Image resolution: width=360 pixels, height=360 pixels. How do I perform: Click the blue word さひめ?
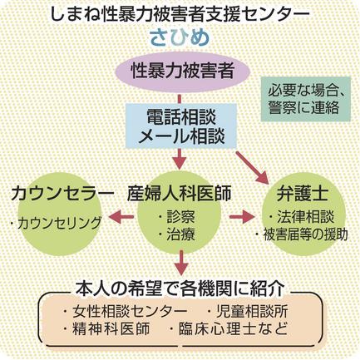pos(180,38)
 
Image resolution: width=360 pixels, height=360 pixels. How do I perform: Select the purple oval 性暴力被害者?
pos(182,72)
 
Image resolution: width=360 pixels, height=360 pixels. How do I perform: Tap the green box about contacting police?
pos(306,99)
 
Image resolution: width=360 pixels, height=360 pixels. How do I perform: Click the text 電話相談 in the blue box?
pos(181,117)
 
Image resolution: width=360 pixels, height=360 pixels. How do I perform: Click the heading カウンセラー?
pos(62,193)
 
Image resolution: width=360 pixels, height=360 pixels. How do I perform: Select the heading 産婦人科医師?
pos(179,193)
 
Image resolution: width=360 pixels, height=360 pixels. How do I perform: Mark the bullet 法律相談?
pos(301,217)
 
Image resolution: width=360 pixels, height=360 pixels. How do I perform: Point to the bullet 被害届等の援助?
pos(302,235)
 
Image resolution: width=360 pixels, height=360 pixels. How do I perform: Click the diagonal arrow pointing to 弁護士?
pos(253,168)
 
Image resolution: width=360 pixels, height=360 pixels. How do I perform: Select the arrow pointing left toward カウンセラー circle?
pos(121,216)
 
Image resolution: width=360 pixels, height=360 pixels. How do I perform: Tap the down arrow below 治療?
pos(181,263)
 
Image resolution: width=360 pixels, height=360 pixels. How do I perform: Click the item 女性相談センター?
pos(125,312)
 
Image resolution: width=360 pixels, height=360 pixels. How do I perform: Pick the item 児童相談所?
pos(247,312)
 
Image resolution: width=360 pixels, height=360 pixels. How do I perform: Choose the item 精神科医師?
pos(106,328)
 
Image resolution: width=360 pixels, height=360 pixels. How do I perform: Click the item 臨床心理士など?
pos(229,328)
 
